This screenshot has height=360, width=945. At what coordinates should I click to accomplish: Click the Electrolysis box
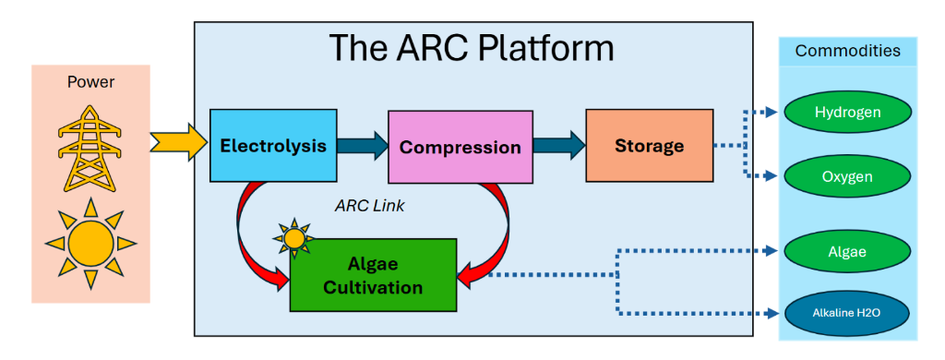point(273,145)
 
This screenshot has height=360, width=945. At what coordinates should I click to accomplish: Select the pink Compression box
point(460,147)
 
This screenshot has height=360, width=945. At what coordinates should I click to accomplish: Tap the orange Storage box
point(649,145)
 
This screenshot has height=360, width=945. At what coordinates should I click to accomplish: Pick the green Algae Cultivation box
point(373,275)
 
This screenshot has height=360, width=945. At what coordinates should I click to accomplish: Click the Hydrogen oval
point(847,113)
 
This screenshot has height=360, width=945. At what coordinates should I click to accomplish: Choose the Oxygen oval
point(847,176)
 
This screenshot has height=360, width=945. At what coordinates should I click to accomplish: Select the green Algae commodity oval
point(847,251)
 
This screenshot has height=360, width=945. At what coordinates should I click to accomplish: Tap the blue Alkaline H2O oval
point(847,312)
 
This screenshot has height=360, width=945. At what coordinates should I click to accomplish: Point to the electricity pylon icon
point(90,149)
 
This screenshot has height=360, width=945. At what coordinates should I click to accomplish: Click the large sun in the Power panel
point(90,243)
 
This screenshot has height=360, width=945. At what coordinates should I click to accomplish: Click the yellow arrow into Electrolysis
point(178,142)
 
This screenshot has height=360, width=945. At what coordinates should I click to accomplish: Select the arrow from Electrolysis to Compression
point(362,146)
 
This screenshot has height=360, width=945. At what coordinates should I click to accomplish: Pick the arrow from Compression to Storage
point(559,146)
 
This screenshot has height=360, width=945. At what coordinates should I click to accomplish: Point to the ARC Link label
point(369,206)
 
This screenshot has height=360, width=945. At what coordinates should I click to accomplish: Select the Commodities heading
point(847,51)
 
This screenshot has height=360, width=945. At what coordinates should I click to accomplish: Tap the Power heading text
point(90,81)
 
